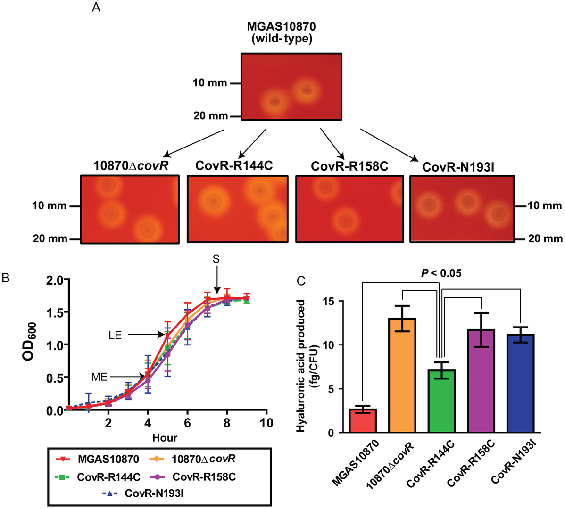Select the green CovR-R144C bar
[x=442, y=401]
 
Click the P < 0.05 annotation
[x=441, y=273]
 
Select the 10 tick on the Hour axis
[x=266, y=423]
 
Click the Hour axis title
[x=165, y=438]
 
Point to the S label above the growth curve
[x=216, y=259]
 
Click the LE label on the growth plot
[x=115, y=335]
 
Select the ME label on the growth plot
[x=100, y=377]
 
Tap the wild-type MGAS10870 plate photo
[x=291, y=87]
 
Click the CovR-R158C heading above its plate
[x=349, y=166]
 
